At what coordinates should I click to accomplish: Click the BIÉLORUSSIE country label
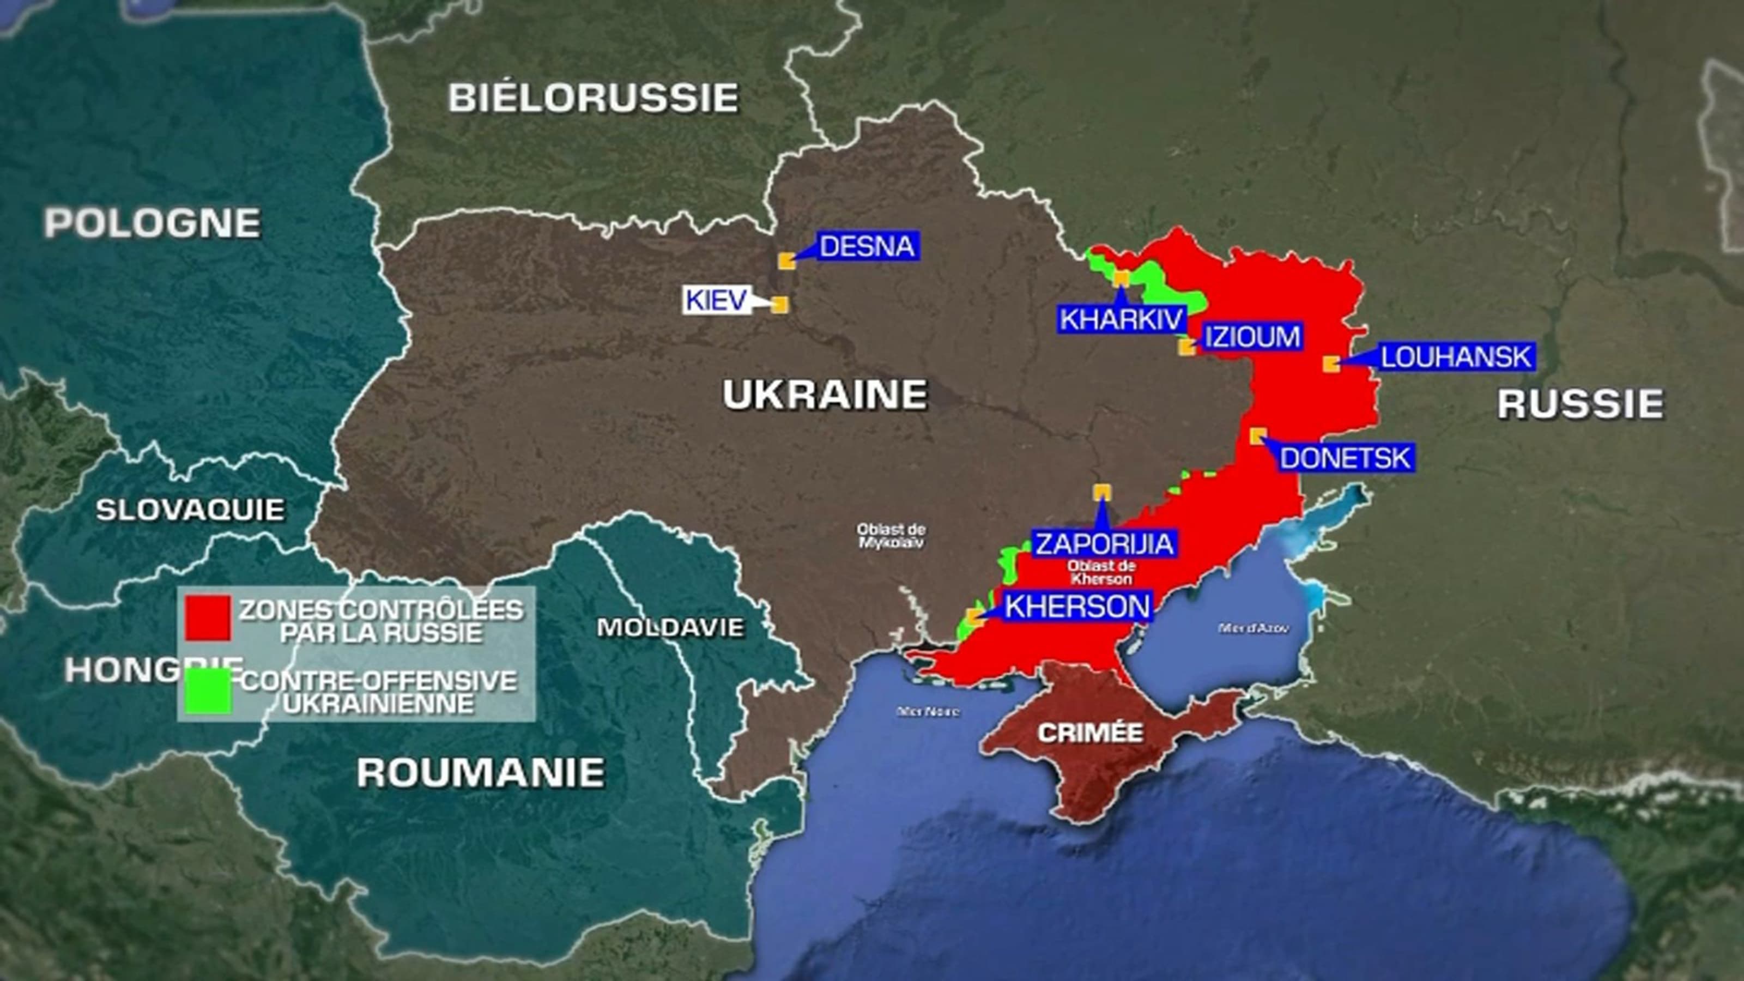[593, 99]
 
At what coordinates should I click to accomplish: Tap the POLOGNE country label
[153, 223]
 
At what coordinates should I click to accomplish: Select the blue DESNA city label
[867, 247]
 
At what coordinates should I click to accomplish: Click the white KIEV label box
[716, 300]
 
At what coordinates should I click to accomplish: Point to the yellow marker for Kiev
[780, 305]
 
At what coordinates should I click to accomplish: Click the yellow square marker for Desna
[786, 261]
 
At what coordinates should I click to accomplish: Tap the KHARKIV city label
[1121, 319]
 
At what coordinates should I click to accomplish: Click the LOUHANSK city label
[1456, 358]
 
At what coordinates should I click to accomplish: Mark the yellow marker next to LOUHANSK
[1331, 364]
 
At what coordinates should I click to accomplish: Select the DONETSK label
[1345, 458]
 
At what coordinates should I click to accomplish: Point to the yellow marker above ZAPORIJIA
[1102, 492]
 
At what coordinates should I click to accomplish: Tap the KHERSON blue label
[1077, 607]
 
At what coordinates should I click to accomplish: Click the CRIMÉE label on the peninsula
[1090, 732]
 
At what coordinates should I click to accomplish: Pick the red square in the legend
[208, 618]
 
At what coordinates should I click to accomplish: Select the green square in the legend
[208, 691]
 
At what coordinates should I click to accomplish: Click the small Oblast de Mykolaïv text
[891, 536]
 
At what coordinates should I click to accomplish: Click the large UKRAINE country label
[825, 395]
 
